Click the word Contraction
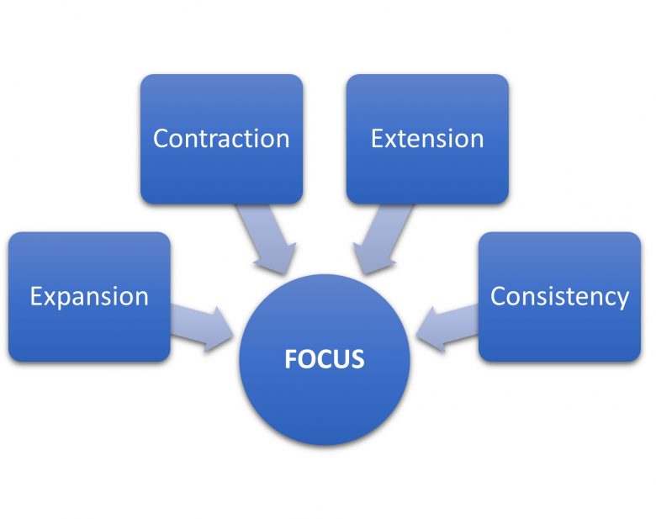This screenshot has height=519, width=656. (x=221, y=139)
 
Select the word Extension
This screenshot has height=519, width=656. (x=427, y=139)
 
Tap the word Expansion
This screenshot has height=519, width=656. (x=89, y=298)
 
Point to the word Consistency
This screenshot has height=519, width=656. (x=559, y=298)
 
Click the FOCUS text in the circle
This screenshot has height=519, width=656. (x=325, y=359)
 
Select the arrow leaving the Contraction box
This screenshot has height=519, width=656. (x=268, y=238)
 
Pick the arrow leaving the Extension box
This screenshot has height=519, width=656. (x=380, y=238)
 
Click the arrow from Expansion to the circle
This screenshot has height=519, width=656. (x=202, y=328)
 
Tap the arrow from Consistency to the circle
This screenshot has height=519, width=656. (x=447, y=328)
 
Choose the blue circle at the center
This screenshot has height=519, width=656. (x=325, y=360)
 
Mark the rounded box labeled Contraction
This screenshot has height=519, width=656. (x=221, y=139)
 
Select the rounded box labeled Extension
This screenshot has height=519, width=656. (x=427, y=139)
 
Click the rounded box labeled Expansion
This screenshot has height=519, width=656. (x=89, y=297)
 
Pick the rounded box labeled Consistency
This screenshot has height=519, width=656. (x=560, y=297)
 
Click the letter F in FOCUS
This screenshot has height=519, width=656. (x=290, y=359)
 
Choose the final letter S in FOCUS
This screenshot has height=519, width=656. (x=357, y=359)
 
